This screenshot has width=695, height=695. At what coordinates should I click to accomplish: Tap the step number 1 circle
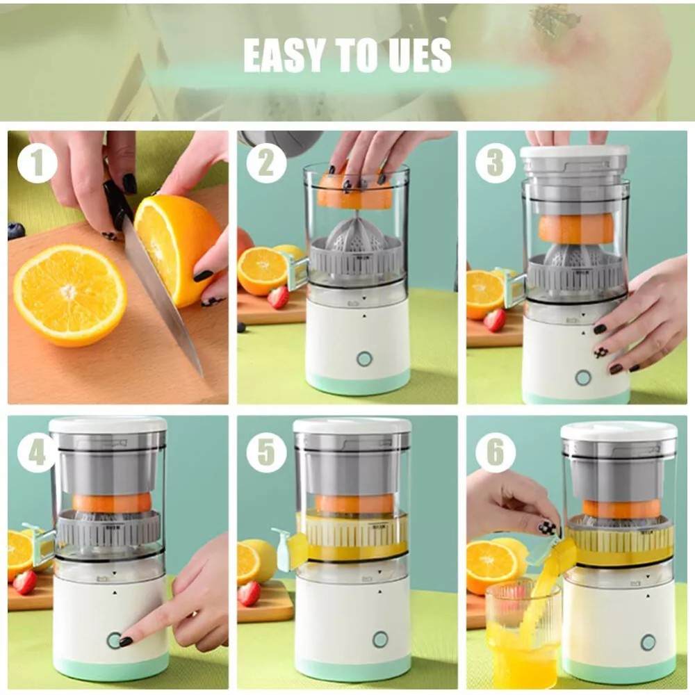click(37, 165)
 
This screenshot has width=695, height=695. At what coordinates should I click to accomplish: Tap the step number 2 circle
click(266, 165)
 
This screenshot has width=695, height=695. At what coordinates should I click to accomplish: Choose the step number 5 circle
click(266, 452)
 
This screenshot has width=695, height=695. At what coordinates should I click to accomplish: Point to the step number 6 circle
click(495, 452)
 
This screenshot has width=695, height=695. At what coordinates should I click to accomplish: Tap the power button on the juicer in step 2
click(364, 359)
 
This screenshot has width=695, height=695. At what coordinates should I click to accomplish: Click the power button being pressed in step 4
click(113, 640)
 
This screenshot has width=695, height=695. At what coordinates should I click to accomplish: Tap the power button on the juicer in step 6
click(648, 642)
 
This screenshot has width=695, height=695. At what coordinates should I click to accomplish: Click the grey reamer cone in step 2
click(357, 237)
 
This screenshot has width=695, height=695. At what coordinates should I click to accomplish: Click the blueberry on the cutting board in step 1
click(16, 231)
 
